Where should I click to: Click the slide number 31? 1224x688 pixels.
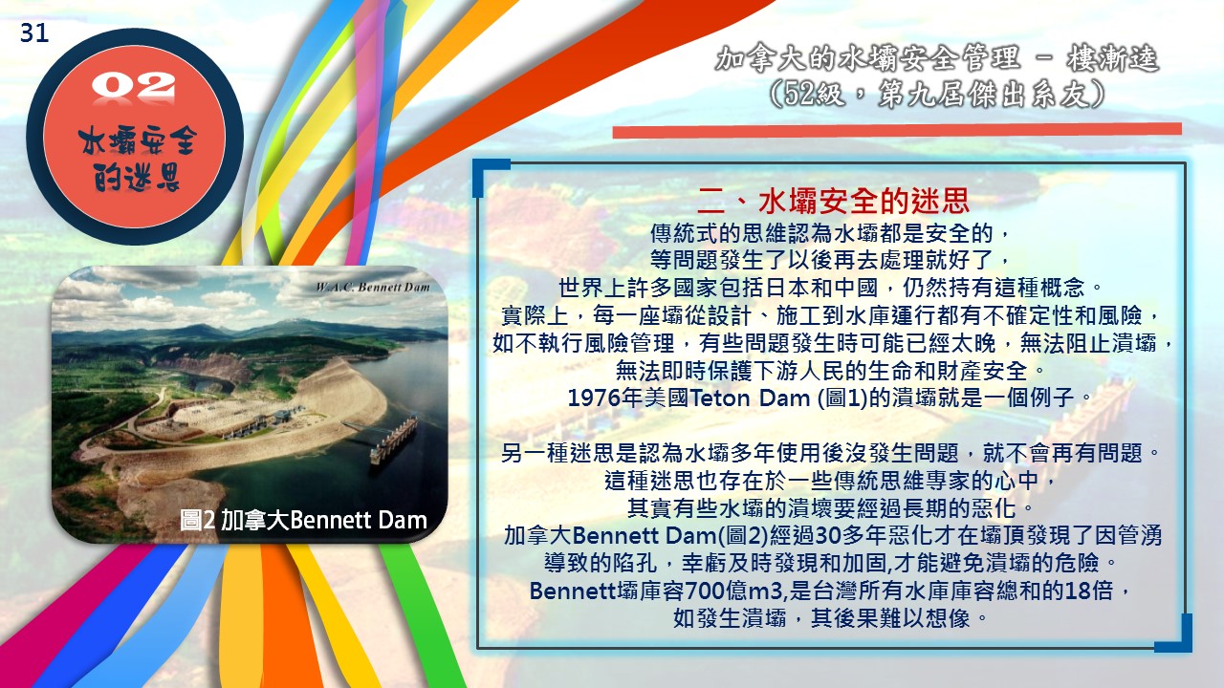coord(34,33)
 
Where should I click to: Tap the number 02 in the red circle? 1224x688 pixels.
coord(133,86)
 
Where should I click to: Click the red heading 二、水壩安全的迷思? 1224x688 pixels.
coord(834,202)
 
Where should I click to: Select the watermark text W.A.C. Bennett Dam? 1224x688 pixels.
coord(373,288)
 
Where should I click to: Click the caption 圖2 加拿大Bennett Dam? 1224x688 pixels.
coord(303,520)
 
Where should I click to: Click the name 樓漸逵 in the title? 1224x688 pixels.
coord(1112,59)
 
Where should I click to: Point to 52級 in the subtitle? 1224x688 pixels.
coord(813,95)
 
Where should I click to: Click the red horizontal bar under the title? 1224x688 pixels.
coord(897,131)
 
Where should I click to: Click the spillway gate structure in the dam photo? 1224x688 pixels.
coord(393,441)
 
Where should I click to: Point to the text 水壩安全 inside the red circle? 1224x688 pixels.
coord(137,142)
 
